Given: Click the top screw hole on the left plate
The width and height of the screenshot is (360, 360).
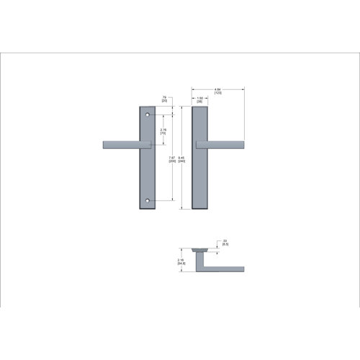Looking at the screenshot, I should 149,115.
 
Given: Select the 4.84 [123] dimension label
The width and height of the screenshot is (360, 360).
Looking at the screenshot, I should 217,91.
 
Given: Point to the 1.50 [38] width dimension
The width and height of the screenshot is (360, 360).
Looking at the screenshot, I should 199,100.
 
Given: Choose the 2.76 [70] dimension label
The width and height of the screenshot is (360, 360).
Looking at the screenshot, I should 163,131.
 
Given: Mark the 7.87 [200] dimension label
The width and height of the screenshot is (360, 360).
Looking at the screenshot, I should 171,159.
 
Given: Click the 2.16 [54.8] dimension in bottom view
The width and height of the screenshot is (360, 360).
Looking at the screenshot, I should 181,262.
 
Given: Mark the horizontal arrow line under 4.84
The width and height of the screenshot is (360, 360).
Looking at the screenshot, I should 218,94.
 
